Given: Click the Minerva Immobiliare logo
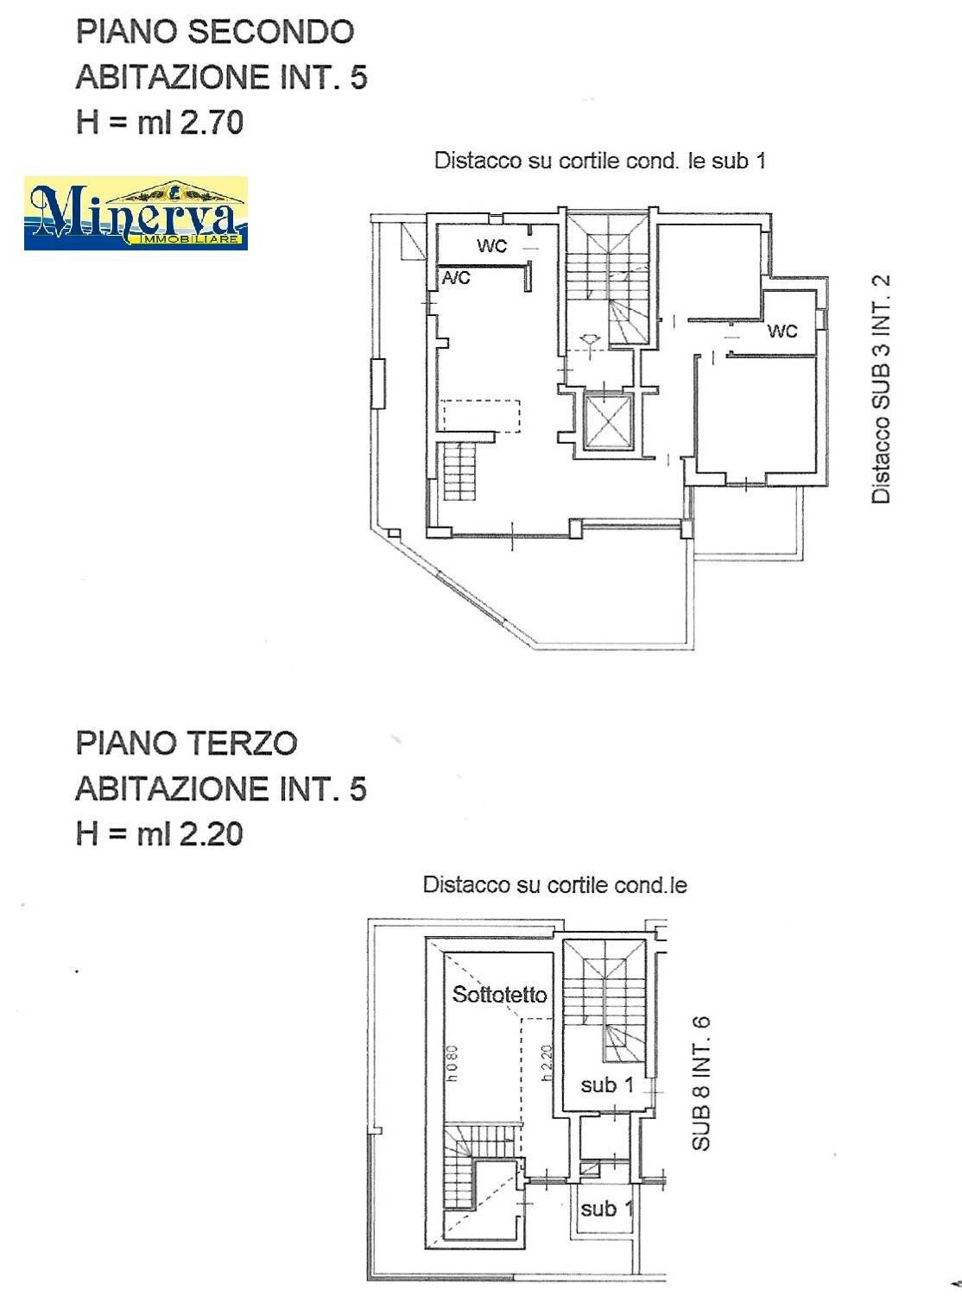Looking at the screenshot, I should click(136, 213).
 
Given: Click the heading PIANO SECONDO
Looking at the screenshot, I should click(215, 32).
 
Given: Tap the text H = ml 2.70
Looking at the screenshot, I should click(160, 122).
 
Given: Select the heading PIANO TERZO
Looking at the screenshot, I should click(187, 743).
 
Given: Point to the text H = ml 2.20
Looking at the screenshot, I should click(160, 833).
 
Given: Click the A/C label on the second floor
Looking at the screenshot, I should click(456, 278).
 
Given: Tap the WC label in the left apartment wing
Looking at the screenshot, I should click(491, 246).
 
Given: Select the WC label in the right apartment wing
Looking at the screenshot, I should click(782, 331).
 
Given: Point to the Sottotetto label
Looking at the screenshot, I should click(500, 995).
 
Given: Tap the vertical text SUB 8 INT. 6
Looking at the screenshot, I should click(701, 1083).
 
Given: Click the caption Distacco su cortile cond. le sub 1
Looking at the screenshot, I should click(599, 161).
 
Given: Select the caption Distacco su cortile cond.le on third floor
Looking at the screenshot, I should click(554, 885).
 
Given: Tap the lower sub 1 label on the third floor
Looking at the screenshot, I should click(598, 1208).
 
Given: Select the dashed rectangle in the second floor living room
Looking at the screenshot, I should click(481, 415).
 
